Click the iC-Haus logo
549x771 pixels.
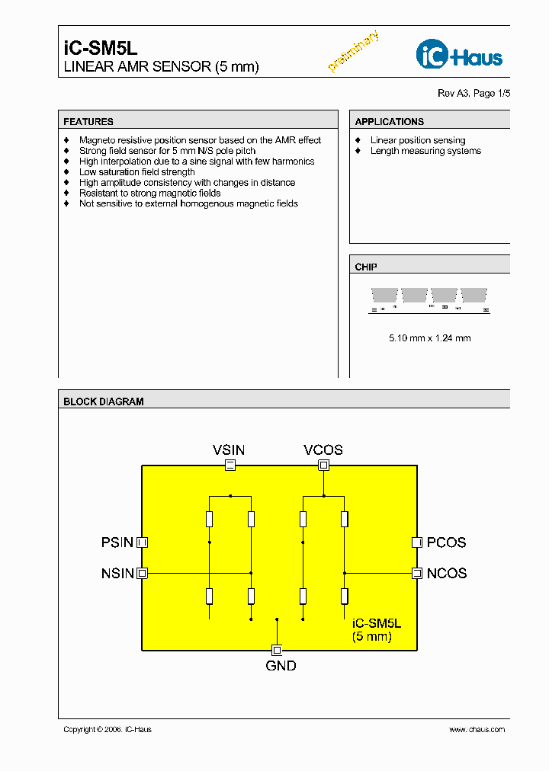(459, 55)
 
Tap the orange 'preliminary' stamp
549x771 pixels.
(353, 52)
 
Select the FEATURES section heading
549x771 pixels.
(88, 121)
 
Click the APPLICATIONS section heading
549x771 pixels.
(389, 121)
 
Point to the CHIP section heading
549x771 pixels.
(366, 267)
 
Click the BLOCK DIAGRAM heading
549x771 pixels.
(104, 401)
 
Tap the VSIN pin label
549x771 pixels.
(229, 450)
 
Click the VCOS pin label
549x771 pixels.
(323, 450)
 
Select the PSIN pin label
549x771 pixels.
(117, 542)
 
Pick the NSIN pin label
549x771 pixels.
(117, 573)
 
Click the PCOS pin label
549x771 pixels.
(446, 542)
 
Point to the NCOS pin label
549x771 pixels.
(446, 573)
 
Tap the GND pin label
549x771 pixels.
(281, 666)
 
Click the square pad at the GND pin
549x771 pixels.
(277, 650)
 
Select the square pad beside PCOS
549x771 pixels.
(417, 542)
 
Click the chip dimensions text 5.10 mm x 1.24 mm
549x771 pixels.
(429, 338)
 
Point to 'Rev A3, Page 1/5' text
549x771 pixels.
(474, 93)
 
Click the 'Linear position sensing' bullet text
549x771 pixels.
(418, 140)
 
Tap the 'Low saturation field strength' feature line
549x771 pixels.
(137, 172)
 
